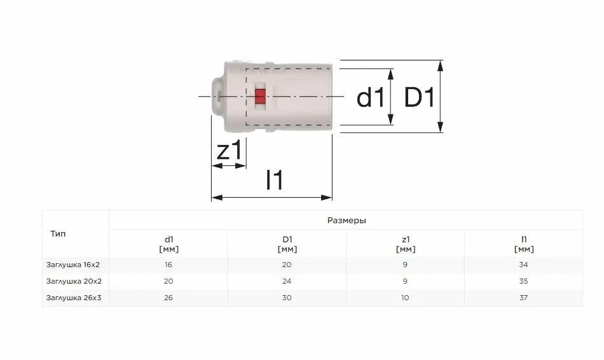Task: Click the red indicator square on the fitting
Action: pyautogui.click(x=261, y=96)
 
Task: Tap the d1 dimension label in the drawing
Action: pyautogui.click(x=370, y=97)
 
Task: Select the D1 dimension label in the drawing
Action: pyautogui.click(x=419, y=97)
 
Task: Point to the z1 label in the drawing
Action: pyautogui.click(x=230, y=150)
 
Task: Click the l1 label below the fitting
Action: pyautogui.click(x=275, y=179)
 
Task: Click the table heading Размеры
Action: pyautogui.click(x=347, y=221)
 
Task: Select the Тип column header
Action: pyautogui.click(x=58, y=234)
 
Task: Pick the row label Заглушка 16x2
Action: pyautogui.click(x=73, y=265)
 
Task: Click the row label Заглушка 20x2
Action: pyautogui.click(x=74, y=281)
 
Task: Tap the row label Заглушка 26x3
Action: pyautogui.click(x=74, y=298)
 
